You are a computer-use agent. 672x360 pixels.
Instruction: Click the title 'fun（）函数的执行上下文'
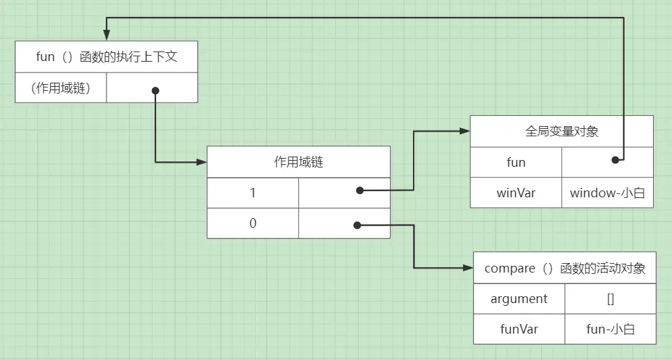pos(106,57)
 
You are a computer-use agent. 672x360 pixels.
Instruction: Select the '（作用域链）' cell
pos(60,87)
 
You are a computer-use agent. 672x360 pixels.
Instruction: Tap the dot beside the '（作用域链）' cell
pos(155,90)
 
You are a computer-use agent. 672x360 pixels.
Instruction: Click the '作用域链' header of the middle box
pos(298,162)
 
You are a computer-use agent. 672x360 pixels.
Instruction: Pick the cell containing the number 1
pos(253,193)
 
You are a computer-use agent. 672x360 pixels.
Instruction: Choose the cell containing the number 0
pos(253,222)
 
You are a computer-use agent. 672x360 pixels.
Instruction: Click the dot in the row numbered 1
pos(359,191)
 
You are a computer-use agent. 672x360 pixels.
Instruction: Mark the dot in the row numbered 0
pos(356,224)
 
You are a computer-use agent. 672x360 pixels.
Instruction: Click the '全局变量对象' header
pos(561,132)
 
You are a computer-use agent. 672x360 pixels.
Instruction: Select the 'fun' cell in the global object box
pos(516,163)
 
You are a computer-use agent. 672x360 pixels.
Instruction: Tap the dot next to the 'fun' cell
pos(616,160)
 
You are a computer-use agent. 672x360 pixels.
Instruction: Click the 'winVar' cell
pos(516,193)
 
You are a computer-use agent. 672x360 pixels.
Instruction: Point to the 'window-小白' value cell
pos(608,193)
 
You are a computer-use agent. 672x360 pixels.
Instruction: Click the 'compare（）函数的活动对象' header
pos(565,268)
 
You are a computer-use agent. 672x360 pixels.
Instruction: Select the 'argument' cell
pos(519,299)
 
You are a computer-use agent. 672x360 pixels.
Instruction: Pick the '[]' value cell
pos(610,299)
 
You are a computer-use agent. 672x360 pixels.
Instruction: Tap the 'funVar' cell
pos(519,329)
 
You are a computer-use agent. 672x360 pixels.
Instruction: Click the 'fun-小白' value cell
pos(610,329)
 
